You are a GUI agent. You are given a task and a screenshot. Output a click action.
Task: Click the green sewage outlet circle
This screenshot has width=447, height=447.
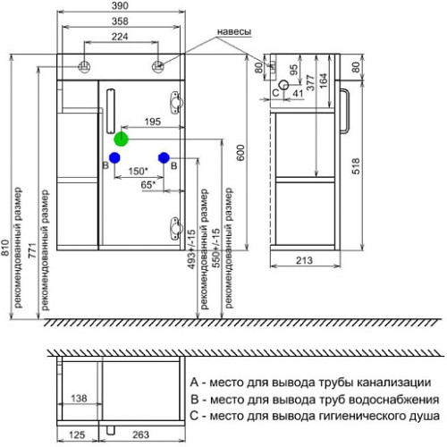point(121,139)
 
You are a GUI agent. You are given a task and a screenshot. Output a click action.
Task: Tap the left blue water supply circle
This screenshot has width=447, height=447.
point(114,157)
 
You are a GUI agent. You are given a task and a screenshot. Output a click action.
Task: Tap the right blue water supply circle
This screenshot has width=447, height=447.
point(164,157)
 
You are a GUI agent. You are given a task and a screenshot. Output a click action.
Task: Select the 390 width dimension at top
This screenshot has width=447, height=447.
point(120,5)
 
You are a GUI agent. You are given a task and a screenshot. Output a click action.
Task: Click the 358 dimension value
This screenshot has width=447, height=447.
point(120,21)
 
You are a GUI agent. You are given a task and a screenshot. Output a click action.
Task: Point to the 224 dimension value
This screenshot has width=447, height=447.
point(120,37)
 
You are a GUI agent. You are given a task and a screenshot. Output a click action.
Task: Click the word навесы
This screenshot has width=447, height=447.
point(234,31)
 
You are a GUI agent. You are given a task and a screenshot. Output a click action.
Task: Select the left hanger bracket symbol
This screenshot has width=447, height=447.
point(84,66)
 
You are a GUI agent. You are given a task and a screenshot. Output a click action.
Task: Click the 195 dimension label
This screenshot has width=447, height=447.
point(153,122)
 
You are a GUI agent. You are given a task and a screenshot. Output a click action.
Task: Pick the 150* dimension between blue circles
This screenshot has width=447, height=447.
point(139,171)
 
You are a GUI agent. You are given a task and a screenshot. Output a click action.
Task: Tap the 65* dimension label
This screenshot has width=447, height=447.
point(148,185)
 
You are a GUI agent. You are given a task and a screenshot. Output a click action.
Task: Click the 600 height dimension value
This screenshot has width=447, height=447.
point(240,153)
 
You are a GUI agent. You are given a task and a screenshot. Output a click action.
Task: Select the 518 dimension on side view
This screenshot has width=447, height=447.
point(356,166)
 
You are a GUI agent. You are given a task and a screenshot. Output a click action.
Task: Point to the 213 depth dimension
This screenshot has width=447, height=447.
point(304,260)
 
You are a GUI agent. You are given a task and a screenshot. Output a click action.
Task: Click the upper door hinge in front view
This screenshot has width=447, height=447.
point(175,103)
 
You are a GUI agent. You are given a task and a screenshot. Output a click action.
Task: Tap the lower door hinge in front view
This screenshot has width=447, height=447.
point(175,229)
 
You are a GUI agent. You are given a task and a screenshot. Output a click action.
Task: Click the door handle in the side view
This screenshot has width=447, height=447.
point(345,111)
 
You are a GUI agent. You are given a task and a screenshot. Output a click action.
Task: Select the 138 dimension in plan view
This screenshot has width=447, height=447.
point(79,398)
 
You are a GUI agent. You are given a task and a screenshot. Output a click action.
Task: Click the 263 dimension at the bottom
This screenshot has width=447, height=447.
point(140,434)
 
